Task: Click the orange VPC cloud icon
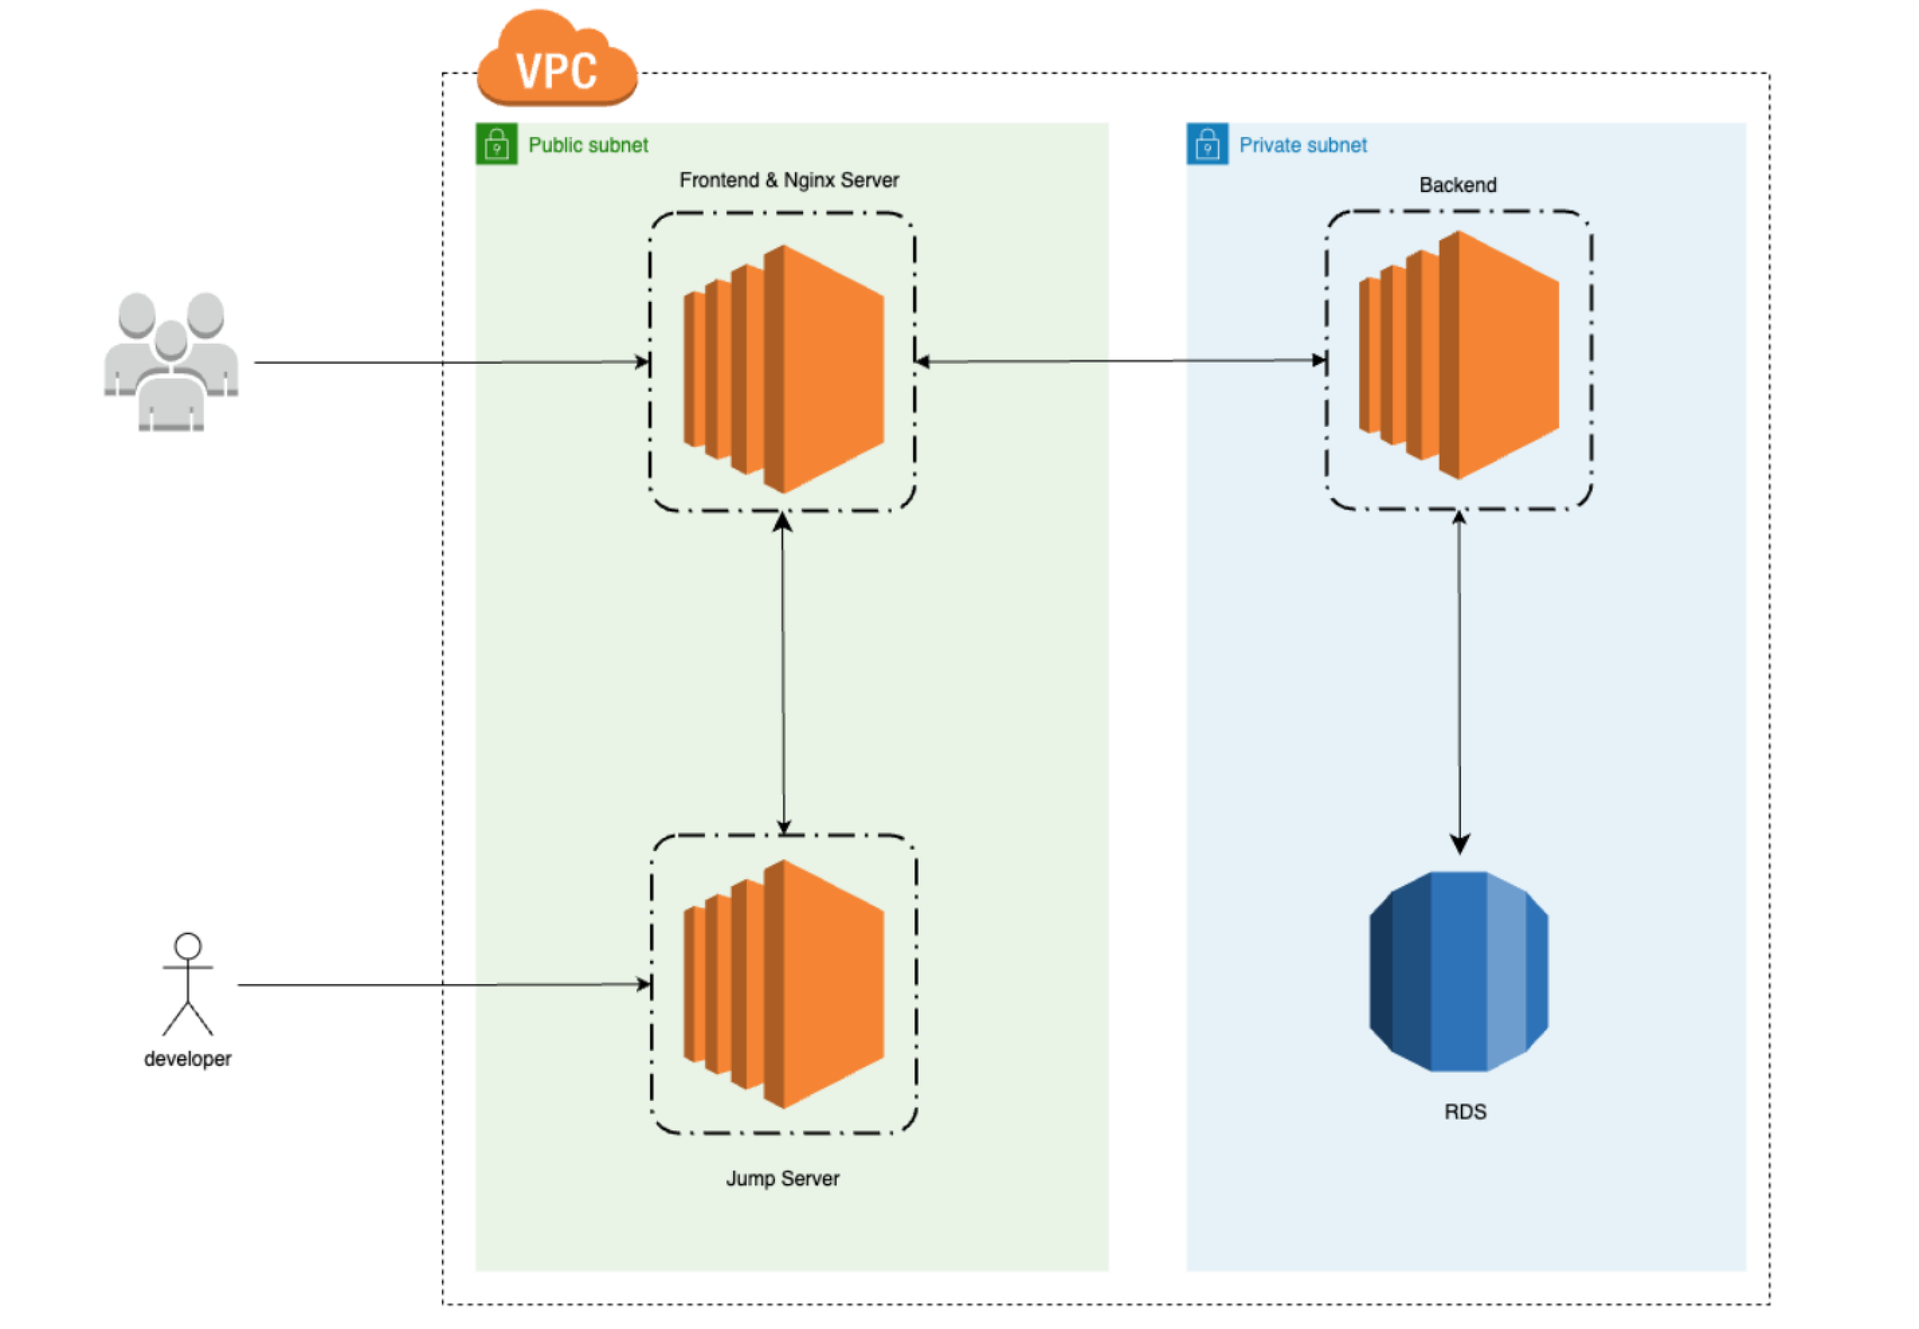[556, 60]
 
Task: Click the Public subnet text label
[588, 145]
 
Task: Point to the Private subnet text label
[1303, 145]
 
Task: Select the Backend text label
[1458, 185]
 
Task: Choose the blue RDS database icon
[1458, 971]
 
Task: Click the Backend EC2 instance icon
[1458, 355]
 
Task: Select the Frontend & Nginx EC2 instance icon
[783, 369]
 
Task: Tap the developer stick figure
[187, 983]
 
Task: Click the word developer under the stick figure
[187, 1059]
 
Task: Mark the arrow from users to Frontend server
[450, 362]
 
